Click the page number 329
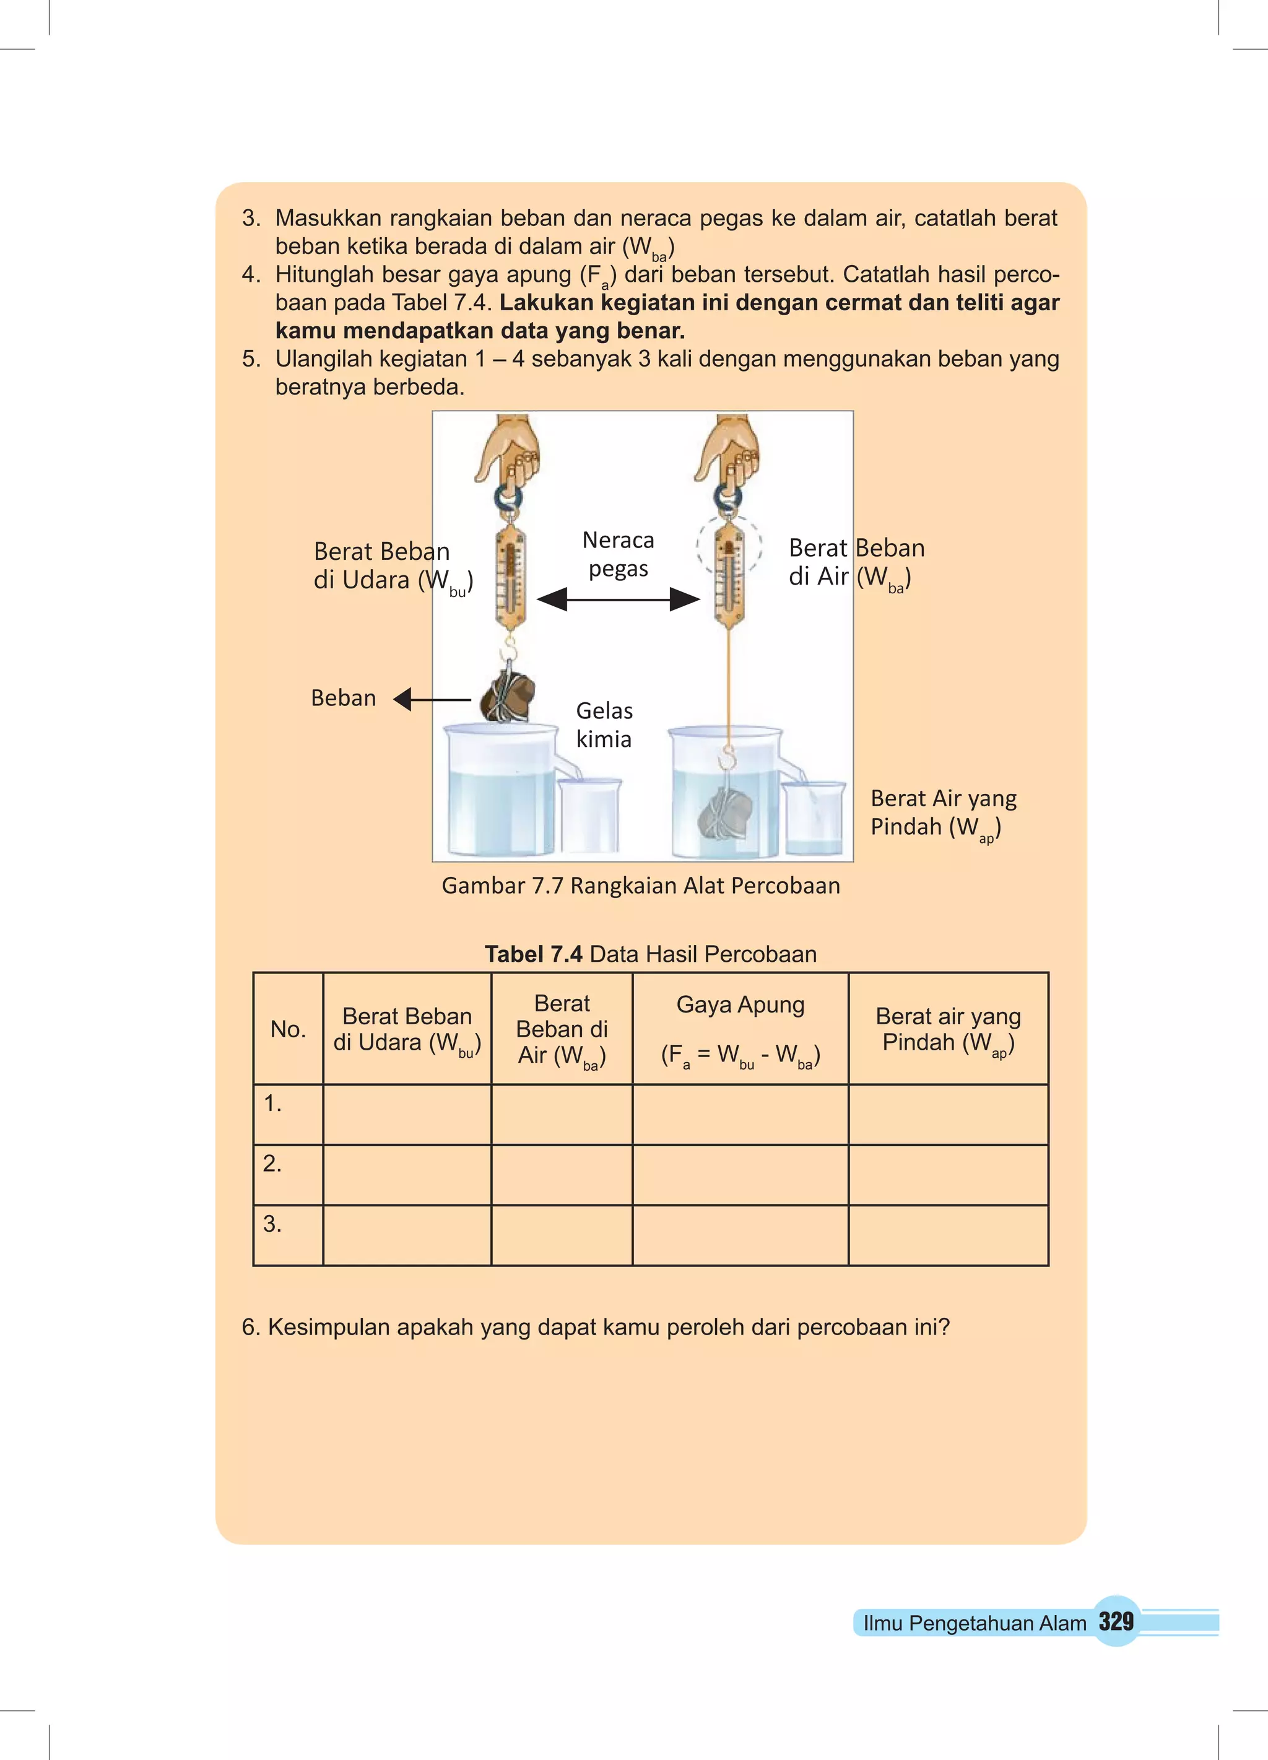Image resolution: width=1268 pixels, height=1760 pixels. pyautogui.click(x=1116, y=1621)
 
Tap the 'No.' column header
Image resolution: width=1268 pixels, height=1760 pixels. pyautogui.click(x=288, y=1029)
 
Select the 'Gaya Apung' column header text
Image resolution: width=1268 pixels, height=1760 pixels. pyautogui.click(x=740, y=1004)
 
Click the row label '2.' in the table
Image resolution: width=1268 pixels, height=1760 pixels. pyautogui.click(x=272, y=1163)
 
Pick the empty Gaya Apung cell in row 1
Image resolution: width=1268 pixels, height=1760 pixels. pyautogui.click(x=740, y=1114)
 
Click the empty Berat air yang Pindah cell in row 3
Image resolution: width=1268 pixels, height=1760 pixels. pyautogui.click(x=949, y=1235)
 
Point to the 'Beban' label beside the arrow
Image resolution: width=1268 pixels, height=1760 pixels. pyautogui.click(x=343, y=698)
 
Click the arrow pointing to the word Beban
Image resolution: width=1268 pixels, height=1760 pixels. pyautogui.click(x=432, y=700)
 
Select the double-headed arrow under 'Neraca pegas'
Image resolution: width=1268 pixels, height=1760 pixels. pyautogui.click(x=618, y=599)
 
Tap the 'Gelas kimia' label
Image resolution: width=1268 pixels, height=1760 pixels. pyautogui.click(x=604, y=724)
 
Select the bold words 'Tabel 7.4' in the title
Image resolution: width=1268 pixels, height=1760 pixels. pyautogui.click(x=533, y=954)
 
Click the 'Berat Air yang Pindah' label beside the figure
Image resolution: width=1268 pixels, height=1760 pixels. pyautogui.click(x=943, y=812)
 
